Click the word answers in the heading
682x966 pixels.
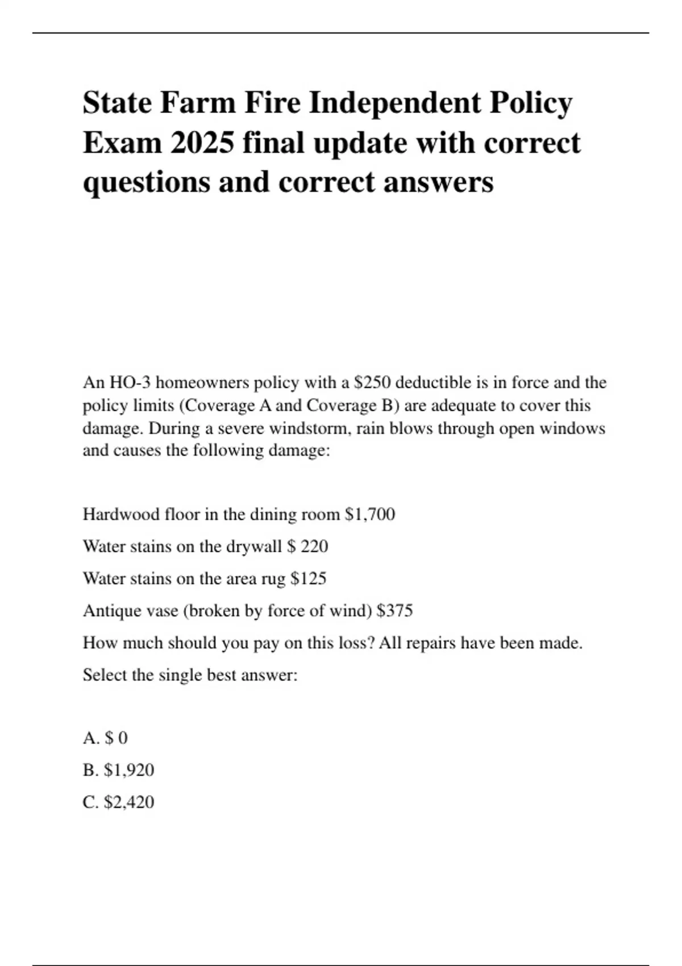[x=438, y=182]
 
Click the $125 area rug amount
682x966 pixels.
[x=309, y=578]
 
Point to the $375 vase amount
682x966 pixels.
[x=395, y=611]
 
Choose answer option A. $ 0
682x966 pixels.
[x=105, y=738]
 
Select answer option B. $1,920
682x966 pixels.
[x=118, y=770]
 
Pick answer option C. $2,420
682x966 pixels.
[x=118, y=802]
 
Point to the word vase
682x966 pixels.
[x=155, y=611]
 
